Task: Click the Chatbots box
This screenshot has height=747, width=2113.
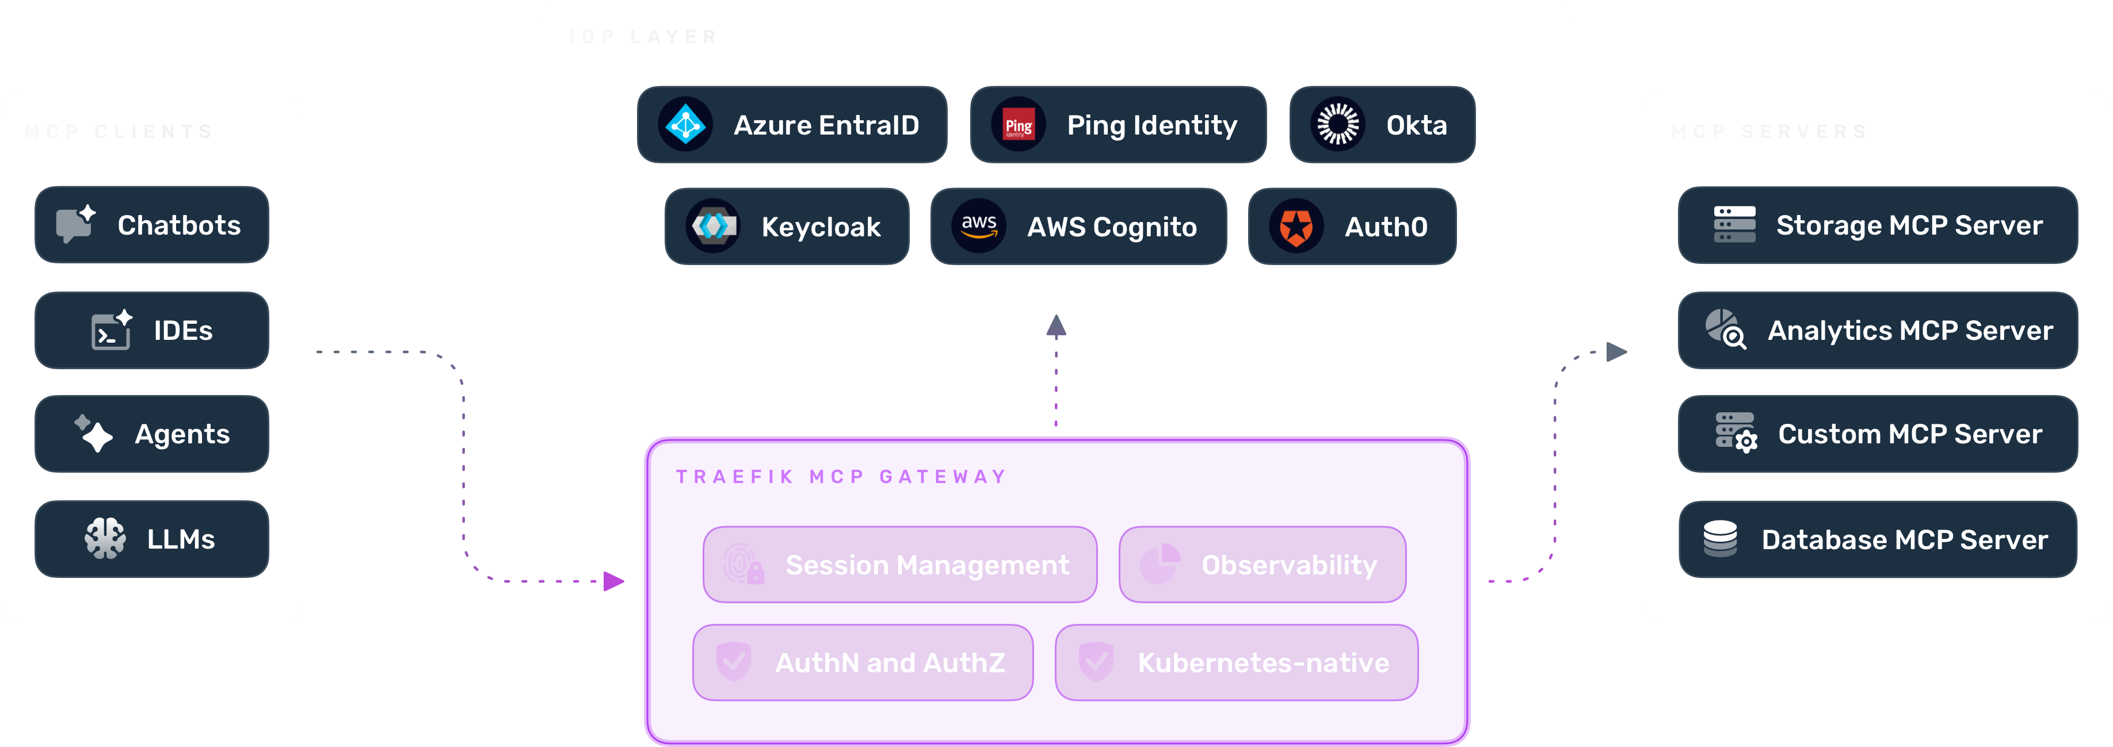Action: click(x=152, y=225)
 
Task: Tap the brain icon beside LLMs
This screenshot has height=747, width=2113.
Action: click(x=105, y=539)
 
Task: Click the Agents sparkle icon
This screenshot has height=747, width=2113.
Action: click(x=94, y=434)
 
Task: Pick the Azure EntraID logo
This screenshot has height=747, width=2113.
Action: click(x=685, y=125)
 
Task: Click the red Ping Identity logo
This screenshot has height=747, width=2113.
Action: click(x=1018, y=125)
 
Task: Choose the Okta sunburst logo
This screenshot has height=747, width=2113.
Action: click(x=1337, y=125)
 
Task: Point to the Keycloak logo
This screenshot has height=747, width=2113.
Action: click(x=713, y=227)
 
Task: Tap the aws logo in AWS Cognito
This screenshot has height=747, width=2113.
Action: click(x=979, y=227)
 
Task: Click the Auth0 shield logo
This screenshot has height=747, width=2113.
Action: click(x=1296, y=227)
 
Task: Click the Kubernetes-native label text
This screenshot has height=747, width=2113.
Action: click(x=1263, y=662)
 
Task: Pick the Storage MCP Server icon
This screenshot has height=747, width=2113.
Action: click(x=1734, y=225)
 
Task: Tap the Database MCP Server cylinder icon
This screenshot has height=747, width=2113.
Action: click(x=1719, y=539)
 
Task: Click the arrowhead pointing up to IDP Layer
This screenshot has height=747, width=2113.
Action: click(x=1056, y=327)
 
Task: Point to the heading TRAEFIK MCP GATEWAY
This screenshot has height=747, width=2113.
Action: click(x=841, y=476)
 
